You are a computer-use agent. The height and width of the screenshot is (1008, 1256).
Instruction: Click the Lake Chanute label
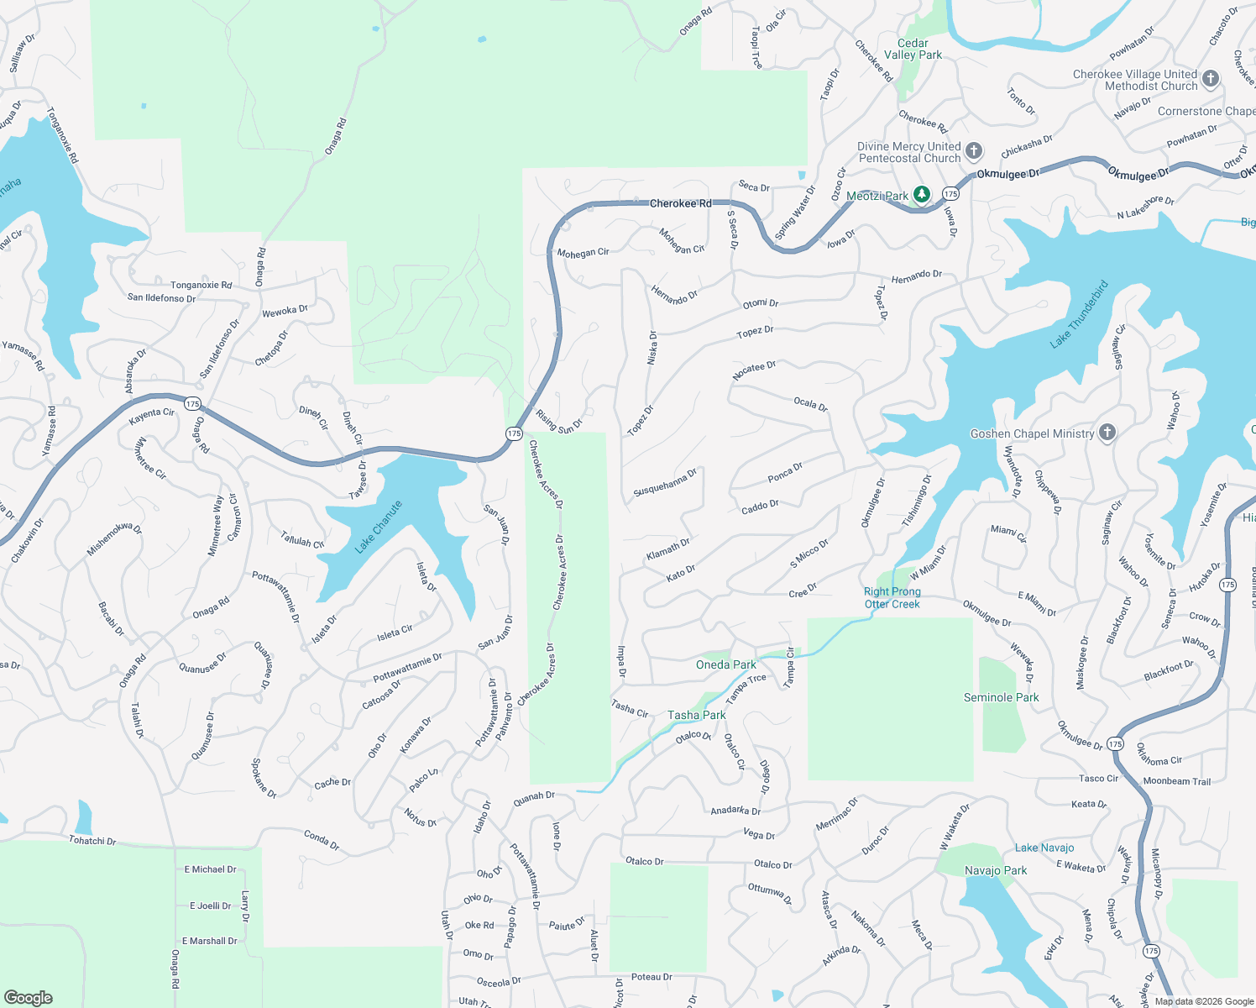(x=379, y=527)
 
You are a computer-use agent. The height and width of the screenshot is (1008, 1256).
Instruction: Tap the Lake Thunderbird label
(x=1080, y=314)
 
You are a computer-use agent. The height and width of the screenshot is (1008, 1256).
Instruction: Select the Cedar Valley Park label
(x=913, y=49)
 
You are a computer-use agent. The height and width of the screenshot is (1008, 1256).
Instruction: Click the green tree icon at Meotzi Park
(x=922, y=195)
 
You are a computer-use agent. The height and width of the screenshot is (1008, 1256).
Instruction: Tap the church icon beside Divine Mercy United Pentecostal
(x=974, y=151)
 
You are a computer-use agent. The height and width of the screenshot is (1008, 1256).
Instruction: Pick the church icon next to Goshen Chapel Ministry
(x=1107, y=433)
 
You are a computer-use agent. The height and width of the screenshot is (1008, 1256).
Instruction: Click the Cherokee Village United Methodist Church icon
(x=1210, y=79)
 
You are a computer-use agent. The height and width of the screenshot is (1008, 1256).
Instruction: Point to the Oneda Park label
(x=726, y=664)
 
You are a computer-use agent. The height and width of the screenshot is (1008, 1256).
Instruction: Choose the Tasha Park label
(x=697, y=715)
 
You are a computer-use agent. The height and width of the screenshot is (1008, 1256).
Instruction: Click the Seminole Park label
(x=1001, y=697)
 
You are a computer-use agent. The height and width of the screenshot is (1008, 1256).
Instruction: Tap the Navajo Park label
(x=996, y=870)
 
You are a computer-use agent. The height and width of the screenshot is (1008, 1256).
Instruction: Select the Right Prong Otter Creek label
(x=892, y=597)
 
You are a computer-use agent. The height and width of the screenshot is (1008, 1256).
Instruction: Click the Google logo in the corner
(x=29, y=997)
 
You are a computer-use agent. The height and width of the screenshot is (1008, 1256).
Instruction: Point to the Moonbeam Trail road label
(x=1177, y=781)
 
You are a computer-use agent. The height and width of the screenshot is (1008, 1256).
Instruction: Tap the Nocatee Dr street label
(x=754, y=370)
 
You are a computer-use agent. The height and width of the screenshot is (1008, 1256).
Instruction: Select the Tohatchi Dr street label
(x=92, y=840)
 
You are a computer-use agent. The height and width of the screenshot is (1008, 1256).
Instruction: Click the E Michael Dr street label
(x=211, y=869)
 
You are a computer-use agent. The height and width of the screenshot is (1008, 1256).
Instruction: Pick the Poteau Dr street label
(x=652, y=977)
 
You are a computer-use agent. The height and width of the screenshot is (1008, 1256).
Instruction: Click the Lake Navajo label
(x=1044, y=848)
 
